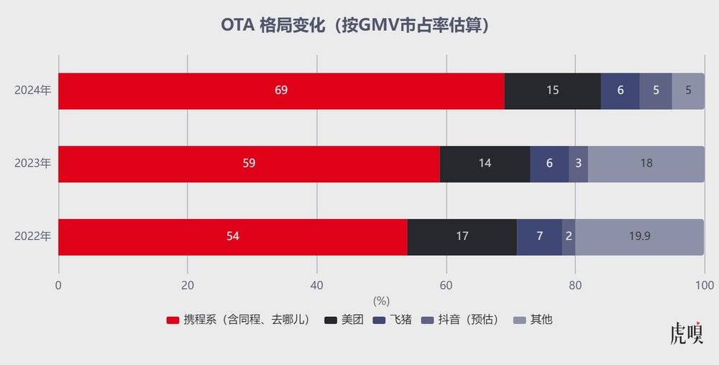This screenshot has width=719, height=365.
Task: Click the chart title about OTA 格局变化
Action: click(359, 24)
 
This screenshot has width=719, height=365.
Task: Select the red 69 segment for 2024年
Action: click(281, 91)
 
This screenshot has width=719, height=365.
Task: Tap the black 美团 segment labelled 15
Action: click(552, 91)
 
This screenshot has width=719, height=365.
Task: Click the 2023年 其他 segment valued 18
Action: click(646, 163)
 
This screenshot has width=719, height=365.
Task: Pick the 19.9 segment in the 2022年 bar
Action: click(639, 236)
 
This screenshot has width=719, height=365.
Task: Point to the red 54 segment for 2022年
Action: click(232, 236)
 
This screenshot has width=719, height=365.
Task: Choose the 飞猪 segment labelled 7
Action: click(539, 236)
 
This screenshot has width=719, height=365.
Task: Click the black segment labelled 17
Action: click(462, 236)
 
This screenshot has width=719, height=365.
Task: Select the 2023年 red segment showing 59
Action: click(249, 163)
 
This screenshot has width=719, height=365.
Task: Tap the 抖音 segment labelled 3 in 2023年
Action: click(579, 163)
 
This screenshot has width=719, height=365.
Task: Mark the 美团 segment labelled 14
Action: click(485, 163)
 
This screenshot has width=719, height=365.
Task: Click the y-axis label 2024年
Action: click(33, 91)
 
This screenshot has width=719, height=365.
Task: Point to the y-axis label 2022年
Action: click(33, 236)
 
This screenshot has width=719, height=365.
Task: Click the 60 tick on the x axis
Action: click(446, 285)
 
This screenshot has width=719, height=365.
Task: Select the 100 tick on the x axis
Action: click(704, 285)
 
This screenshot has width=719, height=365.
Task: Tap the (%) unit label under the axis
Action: click(381, 300)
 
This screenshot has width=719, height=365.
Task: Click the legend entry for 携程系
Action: click(238, 320)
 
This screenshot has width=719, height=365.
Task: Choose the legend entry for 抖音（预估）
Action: click(460, 320)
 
